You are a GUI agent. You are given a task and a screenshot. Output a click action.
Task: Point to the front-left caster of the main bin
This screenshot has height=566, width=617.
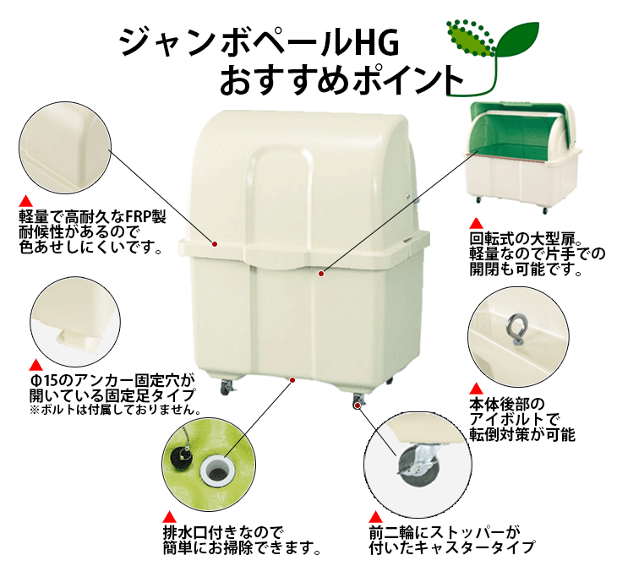(x=227, y=389)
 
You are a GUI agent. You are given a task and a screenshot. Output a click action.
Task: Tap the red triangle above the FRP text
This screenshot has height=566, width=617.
(x=25, y=201)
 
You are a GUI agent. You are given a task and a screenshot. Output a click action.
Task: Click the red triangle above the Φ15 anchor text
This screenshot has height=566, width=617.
(x=35, y=365)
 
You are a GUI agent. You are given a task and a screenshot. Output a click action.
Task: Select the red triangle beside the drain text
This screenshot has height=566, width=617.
(x=168, y=518)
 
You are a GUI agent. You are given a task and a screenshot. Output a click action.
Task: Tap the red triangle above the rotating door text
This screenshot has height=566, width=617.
(x=476, y=222)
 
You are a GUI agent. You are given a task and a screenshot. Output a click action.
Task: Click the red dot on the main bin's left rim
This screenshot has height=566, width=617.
(x=216, y=244)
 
